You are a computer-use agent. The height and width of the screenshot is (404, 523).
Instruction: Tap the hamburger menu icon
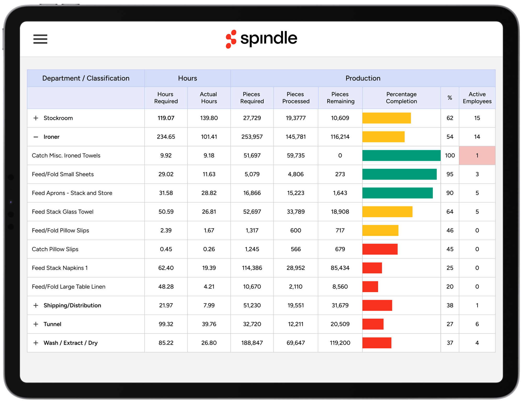pyautogui.click(x=40, y=39)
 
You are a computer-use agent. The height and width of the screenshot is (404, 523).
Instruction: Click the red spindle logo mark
pyautogui.click(x=231, y=39)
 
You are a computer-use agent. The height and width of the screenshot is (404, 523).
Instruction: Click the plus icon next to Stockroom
pyautogui.click(x=36, y=118)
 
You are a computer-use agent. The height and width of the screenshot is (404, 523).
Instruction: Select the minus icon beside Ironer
pyautogui.click(x=36, y=137)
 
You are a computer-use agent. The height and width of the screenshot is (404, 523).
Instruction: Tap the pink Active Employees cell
pyautogui.click(x=477, y=156)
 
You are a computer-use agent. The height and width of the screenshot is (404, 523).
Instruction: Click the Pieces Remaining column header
pyautogui.click(x=340, y=98)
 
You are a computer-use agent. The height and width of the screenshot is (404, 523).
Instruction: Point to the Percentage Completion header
pyautogui.click(x=401, y=98)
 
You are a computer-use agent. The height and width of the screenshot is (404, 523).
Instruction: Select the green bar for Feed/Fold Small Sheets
pyautogui.click(x=399, y=174)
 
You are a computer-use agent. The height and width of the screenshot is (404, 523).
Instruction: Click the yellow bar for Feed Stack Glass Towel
pyautogui.click(x=387, y=212)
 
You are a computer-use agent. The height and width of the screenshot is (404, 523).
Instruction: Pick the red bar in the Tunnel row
pyautogui.click(x=373, y=324)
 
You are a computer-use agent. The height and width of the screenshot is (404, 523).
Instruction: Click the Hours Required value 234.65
pyautogui.click(x=166, y=137)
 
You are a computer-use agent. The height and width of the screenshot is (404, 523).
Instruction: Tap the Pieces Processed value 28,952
pyautogui.click(x=295, y=268)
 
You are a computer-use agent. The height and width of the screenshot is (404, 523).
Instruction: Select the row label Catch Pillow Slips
pyautogui.click(x=55, y=249)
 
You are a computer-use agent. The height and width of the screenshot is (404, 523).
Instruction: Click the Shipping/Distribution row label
pyautogui.click(x=72, y=305)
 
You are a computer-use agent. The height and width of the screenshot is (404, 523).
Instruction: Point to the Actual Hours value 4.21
pyautogui.click(x=209, y=287)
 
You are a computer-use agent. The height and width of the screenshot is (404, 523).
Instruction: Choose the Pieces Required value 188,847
pyautogui.click(x=252, y=343)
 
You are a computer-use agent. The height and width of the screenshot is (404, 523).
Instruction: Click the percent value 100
pyautogui.click(x=450, y=156)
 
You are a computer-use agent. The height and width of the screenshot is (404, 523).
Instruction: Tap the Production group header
pyautogui.click(x=363, y=78)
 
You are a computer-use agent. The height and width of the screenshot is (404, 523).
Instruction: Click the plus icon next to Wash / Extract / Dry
pyautogui.click(x=36, y=343)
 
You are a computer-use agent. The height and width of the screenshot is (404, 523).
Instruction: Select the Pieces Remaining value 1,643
pyautogui.click(x=340, y=193)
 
